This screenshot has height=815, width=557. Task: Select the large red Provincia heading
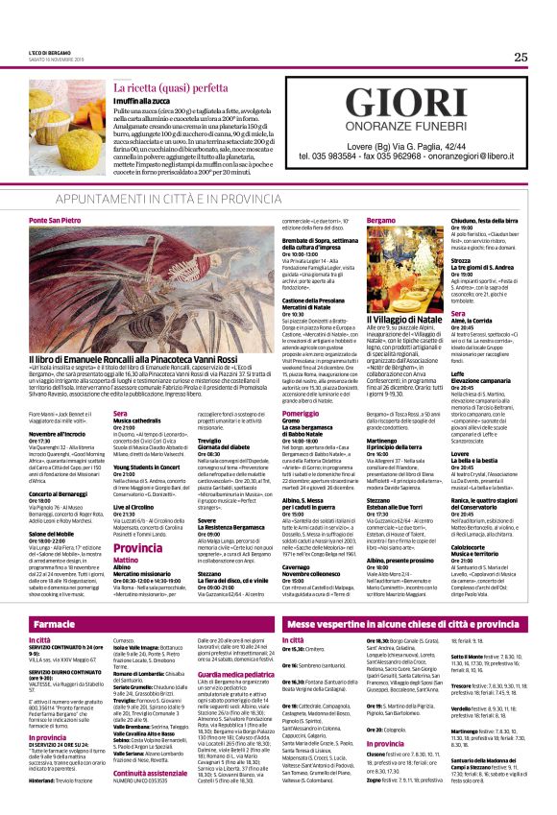pyautogui.click(x=138, y=521)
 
